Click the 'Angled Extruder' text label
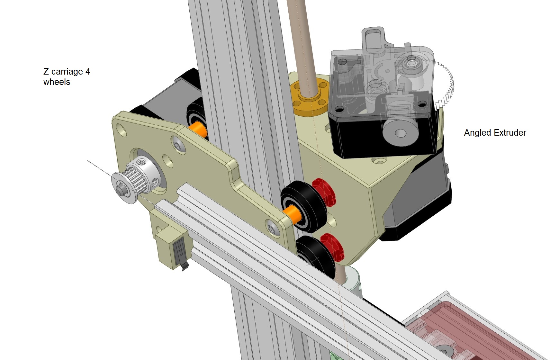point(495,133)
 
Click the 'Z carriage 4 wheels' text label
point(67,76)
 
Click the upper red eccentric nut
point(324,192)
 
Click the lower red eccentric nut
point(332,247)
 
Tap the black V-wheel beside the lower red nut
point(317,256)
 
